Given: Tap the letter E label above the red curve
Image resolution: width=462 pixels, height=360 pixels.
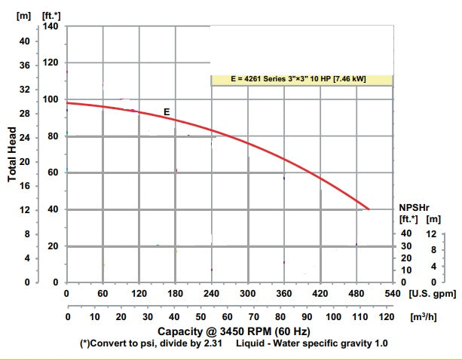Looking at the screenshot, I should click(x=167, y=112).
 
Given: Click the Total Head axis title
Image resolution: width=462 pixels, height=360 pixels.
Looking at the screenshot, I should click(x=13, y=154).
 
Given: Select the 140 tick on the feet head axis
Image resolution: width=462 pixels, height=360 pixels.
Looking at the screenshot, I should click(x=50, y=26).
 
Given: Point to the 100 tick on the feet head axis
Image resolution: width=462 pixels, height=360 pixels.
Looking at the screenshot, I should click(x=50, y=99).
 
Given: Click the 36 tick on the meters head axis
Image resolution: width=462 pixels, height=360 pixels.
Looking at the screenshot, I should click(x=23, y=66).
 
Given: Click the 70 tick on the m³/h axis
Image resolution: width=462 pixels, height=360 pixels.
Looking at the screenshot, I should click(x=255, y=317).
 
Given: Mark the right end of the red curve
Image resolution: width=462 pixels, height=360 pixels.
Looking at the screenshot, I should click(x=369, y=209).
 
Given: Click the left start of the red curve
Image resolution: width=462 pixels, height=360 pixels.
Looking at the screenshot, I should click(x=68, y=102).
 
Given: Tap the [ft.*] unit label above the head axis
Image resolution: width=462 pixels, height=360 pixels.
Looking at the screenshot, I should click(x=50, y=14).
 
